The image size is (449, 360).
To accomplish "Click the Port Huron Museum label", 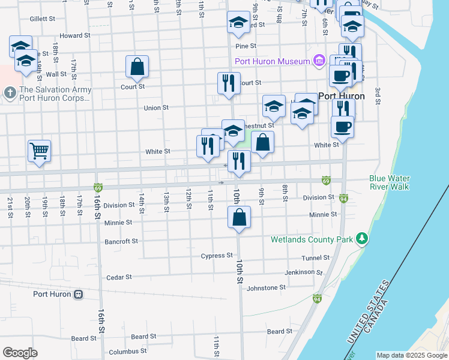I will tap(272, 61).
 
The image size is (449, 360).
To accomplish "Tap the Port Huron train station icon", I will tap(78, 295).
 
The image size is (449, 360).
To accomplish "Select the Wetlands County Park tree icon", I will tap(361, 239).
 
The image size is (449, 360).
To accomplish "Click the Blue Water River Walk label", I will tap(389, 182).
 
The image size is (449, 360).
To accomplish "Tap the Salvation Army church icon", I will tap(9, 93).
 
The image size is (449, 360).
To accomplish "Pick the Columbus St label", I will tap(127, 351).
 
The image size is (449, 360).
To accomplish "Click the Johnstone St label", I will tap(266, 288).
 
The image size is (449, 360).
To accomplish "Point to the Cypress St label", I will tap(216, 255).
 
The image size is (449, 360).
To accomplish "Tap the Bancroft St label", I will tap(122, 241).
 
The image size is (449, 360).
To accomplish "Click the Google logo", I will tap(20, 353).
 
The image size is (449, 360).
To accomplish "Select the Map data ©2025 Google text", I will tap(412, 355).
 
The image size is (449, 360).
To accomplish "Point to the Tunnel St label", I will tap(316, 257).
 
